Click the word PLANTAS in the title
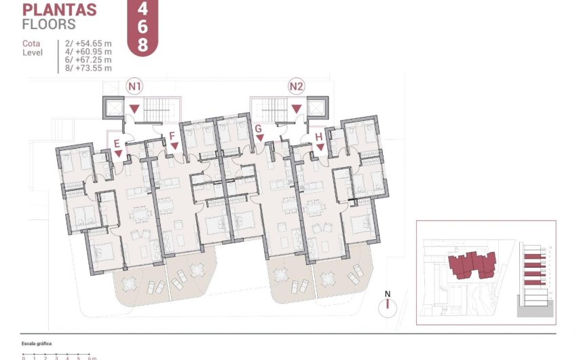60,10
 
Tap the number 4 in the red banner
142,10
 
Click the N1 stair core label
135,86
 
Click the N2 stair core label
297,86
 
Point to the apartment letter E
117,143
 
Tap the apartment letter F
173,136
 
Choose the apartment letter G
258,128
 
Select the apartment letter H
319,137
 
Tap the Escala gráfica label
37,344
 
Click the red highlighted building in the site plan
472,263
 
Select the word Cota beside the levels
32,43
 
